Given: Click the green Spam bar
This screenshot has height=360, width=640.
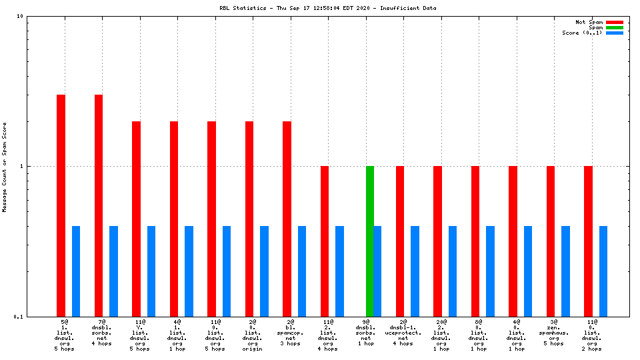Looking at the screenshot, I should (370, 241).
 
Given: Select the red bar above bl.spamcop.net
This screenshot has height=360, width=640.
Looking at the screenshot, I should (287, 219).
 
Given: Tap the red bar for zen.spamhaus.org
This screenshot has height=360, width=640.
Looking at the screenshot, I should (551, 241).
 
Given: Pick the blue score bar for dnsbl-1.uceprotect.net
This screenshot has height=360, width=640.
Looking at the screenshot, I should (415, 271).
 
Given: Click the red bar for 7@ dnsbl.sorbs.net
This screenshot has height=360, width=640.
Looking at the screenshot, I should (98, 205).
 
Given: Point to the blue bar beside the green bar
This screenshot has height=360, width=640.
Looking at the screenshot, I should (377, 271).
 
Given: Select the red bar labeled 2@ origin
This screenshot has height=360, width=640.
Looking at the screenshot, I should (249, 219).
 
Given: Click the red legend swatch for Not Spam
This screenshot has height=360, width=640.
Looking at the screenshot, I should (614, 22).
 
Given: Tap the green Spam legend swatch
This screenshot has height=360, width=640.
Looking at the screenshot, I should (614, 27).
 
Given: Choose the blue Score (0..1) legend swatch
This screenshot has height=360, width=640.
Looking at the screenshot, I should (614, 33).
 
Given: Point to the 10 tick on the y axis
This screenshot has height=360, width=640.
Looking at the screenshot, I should (21, 16).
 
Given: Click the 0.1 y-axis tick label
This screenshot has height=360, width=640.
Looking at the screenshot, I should (19, 317).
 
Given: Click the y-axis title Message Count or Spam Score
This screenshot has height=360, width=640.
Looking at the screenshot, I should (5, 167).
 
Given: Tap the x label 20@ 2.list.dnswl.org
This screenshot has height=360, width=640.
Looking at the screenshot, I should (441, 335).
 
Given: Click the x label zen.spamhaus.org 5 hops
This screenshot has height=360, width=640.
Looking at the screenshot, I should (554, 335).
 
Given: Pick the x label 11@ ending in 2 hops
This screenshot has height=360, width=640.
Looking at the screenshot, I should (591, 335).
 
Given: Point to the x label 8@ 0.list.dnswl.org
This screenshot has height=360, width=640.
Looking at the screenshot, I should (479, 335).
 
